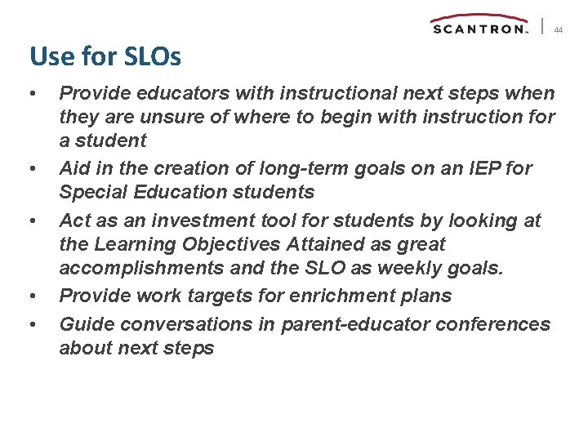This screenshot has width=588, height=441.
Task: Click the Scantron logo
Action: click(x=479, y=25)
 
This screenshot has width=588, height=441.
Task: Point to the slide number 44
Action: click(x=559, y=30)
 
